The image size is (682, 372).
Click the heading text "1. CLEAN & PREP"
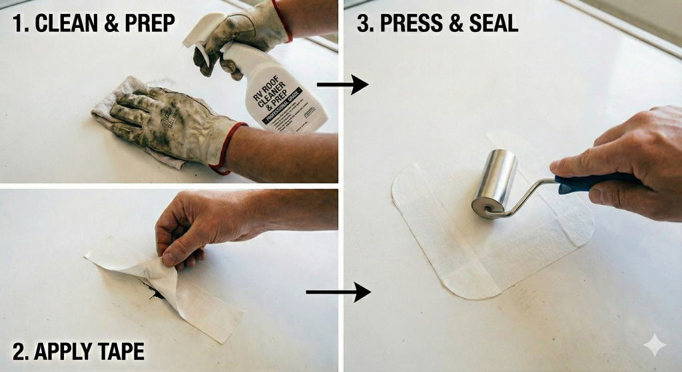click(94, 23)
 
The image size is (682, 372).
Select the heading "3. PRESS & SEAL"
click(438, 23)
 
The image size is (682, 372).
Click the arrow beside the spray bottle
click(342, 85)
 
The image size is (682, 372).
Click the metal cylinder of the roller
click(495, 182)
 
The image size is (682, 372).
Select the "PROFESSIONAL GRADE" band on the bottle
click(294, 109)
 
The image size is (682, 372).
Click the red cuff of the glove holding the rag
click(226, 148)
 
